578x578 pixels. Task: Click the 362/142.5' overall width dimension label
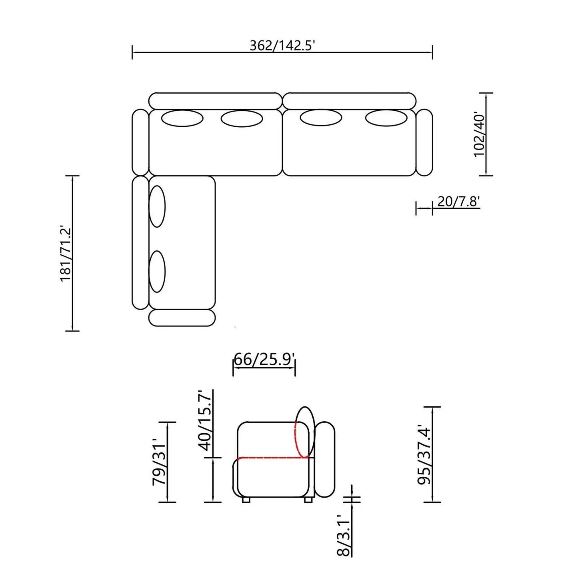(282, 46)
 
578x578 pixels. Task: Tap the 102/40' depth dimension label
(480, 135)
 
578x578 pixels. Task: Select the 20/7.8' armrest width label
(458, 202)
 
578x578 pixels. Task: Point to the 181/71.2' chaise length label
(66, 254)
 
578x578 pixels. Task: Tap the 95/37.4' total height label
(424, 455)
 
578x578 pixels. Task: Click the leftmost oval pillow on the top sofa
(182, 118)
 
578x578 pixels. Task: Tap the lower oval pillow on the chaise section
(157, 272)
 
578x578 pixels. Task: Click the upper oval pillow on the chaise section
(157, 206)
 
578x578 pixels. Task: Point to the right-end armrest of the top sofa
(424, 142)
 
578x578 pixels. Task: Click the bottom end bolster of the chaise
(182, 318)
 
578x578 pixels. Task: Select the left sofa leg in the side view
(246, 500)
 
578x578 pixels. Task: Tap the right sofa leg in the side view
(308, 500)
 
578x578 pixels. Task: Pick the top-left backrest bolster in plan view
(215, 101)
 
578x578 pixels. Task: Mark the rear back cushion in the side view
(325, 459)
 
